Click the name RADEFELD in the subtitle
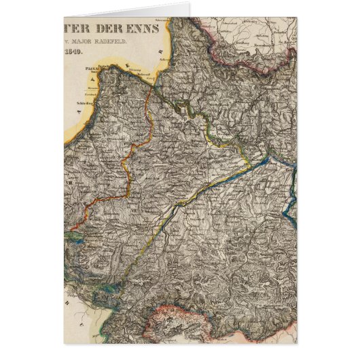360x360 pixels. point(145,46)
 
